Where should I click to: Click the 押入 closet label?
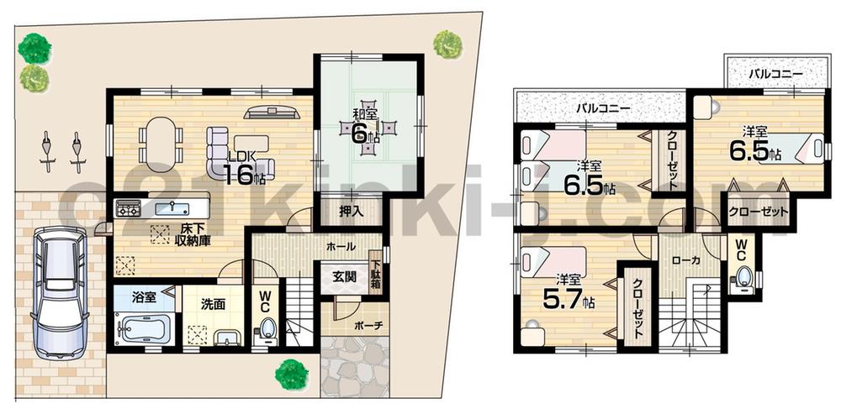pyautogui.click(x=352, y=212)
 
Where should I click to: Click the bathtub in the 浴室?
pyautogui.click(x=144, y=328)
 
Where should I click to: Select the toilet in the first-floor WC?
pyautogui.click(x=268, y=328)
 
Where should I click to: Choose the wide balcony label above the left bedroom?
pyautogui.click(x=603, y=108)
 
